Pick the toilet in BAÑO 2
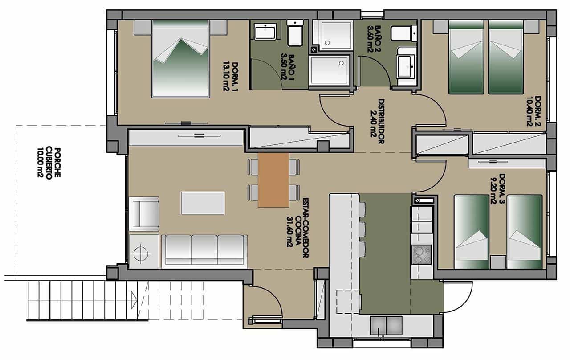(403, 33)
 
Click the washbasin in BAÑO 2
(407, 65)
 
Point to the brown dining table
(273, 180)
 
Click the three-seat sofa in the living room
(204, 251)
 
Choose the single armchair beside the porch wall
(144, 213)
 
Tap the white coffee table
(203, 203)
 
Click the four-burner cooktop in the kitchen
(421, 255)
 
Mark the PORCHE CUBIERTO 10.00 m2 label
(49, 163)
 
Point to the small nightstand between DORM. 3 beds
(498, 262)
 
